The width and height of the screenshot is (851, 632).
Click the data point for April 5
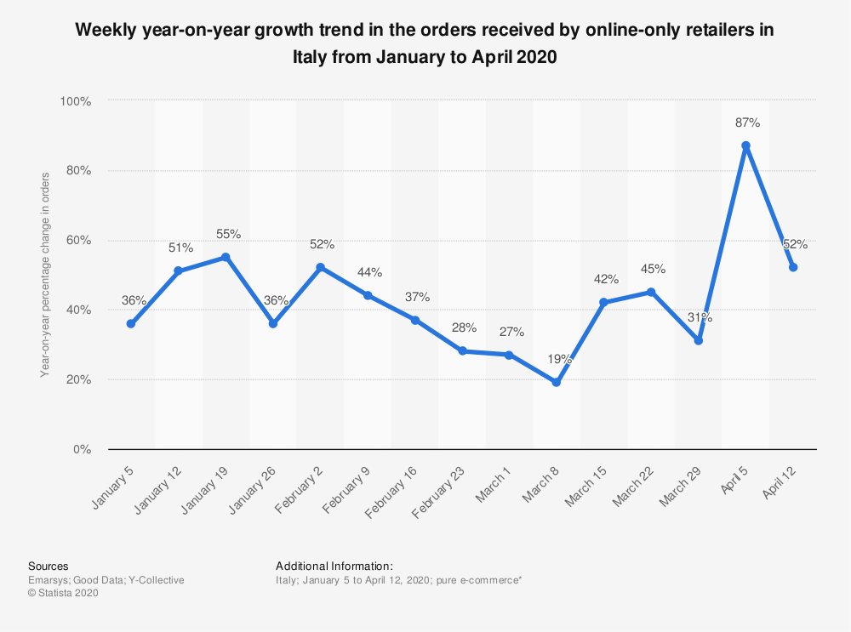[x=745, y=145]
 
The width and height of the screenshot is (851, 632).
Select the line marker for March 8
[x=557, y=383]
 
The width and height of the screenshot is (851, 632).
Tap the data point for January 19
[x=226, y=257]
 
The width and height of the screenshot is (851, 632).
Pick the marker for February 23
[x=462, y=351]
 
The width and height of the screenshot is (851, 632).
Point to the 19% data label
[x=559, y=360]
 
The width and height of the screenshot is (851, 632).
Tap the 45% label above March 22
[x=654, y=269]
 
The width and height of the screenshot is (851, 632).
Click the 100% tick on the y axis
[x=76, y=101]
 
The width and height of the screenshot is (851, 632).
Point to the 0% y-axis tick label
[x=82, y=449]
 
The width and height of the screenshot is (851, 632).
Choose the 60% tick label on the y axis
[x=78, y=241]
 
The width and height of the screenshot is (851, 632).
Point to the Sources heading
[x=49, y=566]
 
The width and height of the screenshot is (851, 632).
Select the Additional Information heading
[x=334, y=566]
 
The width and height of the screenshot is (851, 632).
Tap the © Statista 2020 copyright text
[x=64, y=593]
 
